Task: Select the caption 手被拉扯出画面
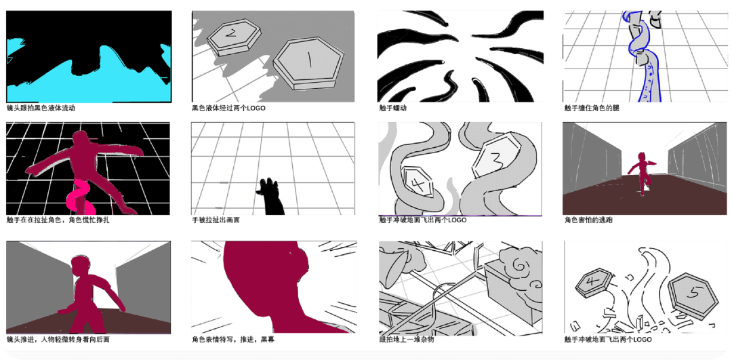click(x=216, y=220)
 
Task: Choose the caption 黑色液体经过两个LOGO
click(x=228, y=108)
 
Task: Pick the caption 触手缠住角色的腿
click(x=591, y=108)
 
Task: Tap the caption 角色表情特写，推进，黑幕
click(x=233, y=339)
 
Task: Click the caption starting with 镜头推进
click(x=58, y=339)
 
